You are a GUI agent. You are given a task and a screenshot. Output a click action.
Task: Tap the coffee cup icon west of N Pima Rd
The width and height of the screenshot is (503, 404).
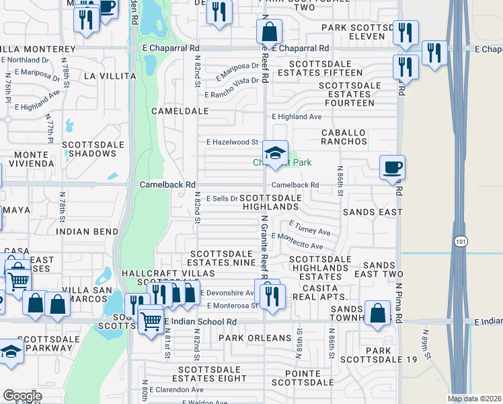[x=392, y=168]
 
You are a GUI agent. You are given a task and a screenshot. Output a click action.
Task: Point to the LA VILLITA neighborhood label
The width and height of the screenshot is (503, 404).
[x=110, y=77]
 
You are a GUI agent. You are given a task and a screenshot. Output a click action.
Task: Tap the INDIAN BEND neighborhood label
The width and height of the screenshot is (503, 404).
[x=88, y=232]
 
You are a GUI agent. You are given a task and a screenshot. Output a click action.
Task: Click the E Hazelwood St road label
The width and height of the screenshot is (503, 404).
[x=233, y=142]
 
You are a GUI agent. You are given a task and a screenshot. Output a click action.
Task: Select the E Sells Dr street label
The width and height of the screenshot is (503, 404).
[x=222, y=199]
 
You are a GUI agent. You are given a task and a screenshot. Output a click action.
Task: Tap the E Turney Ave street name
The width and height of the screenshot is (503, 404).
[x=309, y=228]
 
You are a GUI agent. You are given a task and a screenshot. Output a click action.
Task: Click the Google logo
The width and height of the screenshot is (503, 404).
[x=22, y=397]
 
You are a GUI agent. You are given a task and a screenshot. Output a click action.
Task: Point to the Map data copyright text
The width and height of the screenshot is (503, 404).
[x=475, y=399]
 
